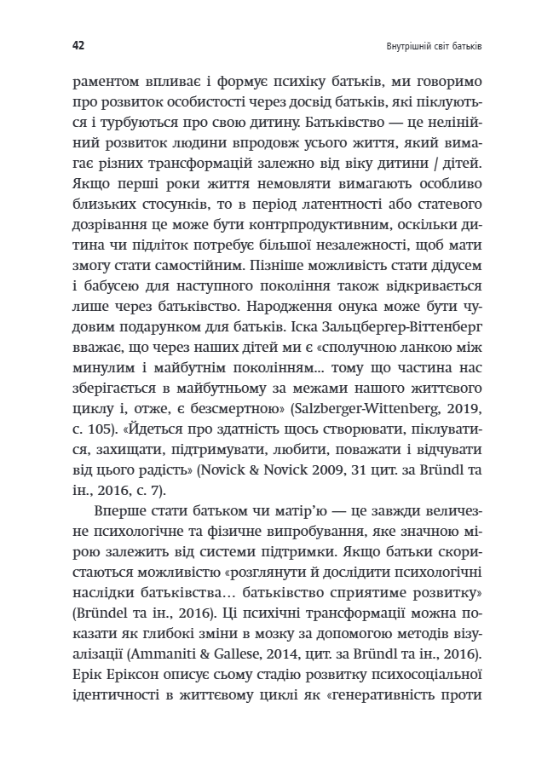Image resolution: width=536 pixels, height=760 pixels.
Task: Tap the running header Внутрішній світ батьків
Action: (x=423, y=43)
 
